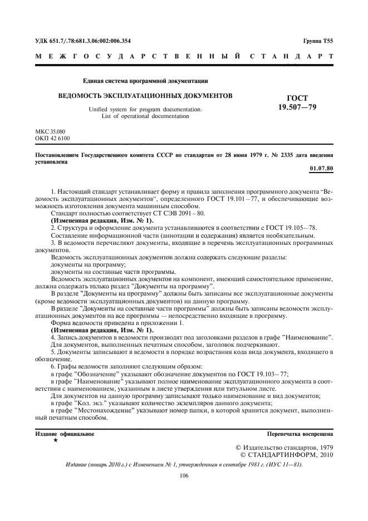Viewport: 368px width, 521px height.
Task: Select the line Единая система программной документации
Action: pos(145,81)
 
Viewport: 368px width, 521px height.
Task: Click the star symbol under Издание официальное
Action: pos(55,440)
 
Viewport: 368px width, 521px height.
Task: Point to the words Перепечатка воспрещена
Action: pos(307,432)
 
